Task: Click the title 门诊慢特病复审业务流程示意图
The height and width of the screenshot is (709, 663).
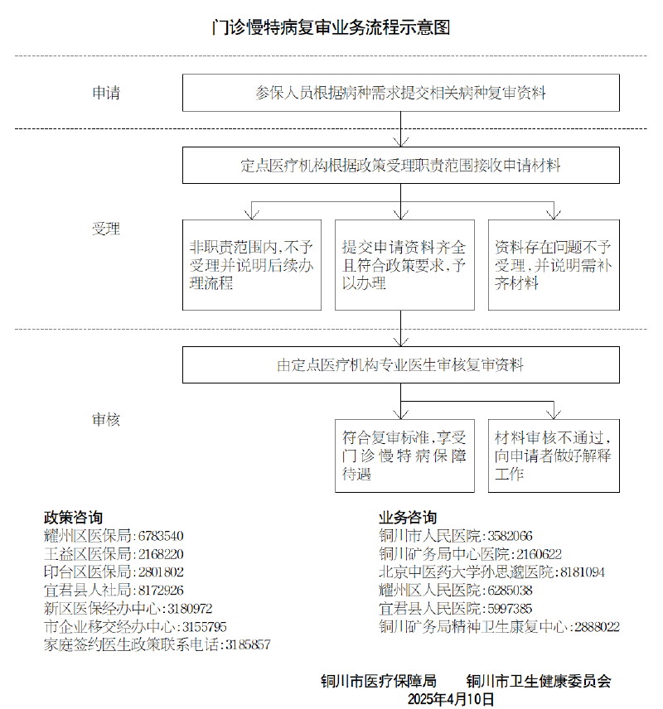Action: [331, 27]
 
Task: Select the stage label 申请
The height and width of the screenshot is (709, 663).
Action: [105, 93]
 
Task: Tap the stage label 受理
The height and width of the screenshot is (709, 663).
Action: [105, 229]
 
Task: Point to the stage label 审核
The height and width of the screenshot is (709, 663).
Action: [105, 420]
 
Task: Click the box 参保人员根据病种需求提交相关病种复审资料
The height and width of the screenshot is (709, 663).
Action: [401, 93]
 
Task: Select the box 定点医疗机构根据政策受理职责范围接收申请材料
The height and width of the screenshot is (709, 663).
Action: [401, 165]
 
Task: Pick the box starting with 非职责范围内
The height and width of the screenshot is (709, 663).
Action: [252, 265]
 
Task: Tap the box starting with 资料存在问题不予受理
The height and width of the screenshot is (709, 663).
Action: [554, 265]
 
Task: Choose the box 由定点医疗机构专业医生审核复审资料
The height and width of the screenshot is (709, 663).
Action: [401, 364]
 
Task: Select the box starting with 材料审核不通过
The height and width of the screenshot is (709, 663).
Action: [554, 456]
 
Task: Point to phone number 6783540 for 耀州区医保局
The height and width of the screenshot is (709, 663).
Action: [161, 536]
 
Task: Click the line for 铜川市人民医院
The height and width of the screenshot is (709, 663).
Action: [456, 536]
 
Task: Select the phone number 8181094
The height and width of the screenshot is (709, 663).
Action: [583, 572]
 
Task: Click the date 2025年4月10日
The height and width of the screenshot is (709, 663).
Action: [451, 699]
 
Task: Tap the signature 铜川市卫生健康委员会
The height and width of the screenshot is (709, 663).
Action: [539, 682]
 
